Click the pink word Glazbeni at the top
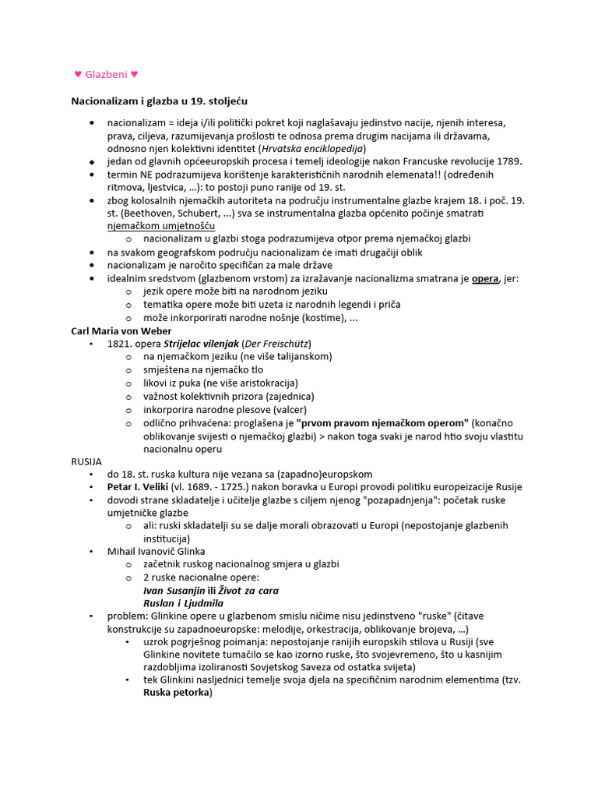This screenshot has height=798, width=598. click(106, 75)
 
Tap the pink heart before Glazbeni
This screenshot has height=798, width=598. click(78, 75)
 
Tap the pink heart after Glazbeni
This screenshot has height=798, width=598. click(134, 75)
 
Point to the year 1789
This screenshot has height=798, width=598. click(508, 161)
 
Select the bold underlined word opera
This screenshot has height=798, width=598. click(485, 278)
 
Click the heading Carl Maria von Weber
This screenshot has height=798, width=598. click(121, 330)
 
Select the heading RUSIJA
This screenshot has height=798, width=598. click(86, 461)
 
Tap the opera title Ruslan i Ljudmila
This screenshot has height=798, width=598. click(183, 603)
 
